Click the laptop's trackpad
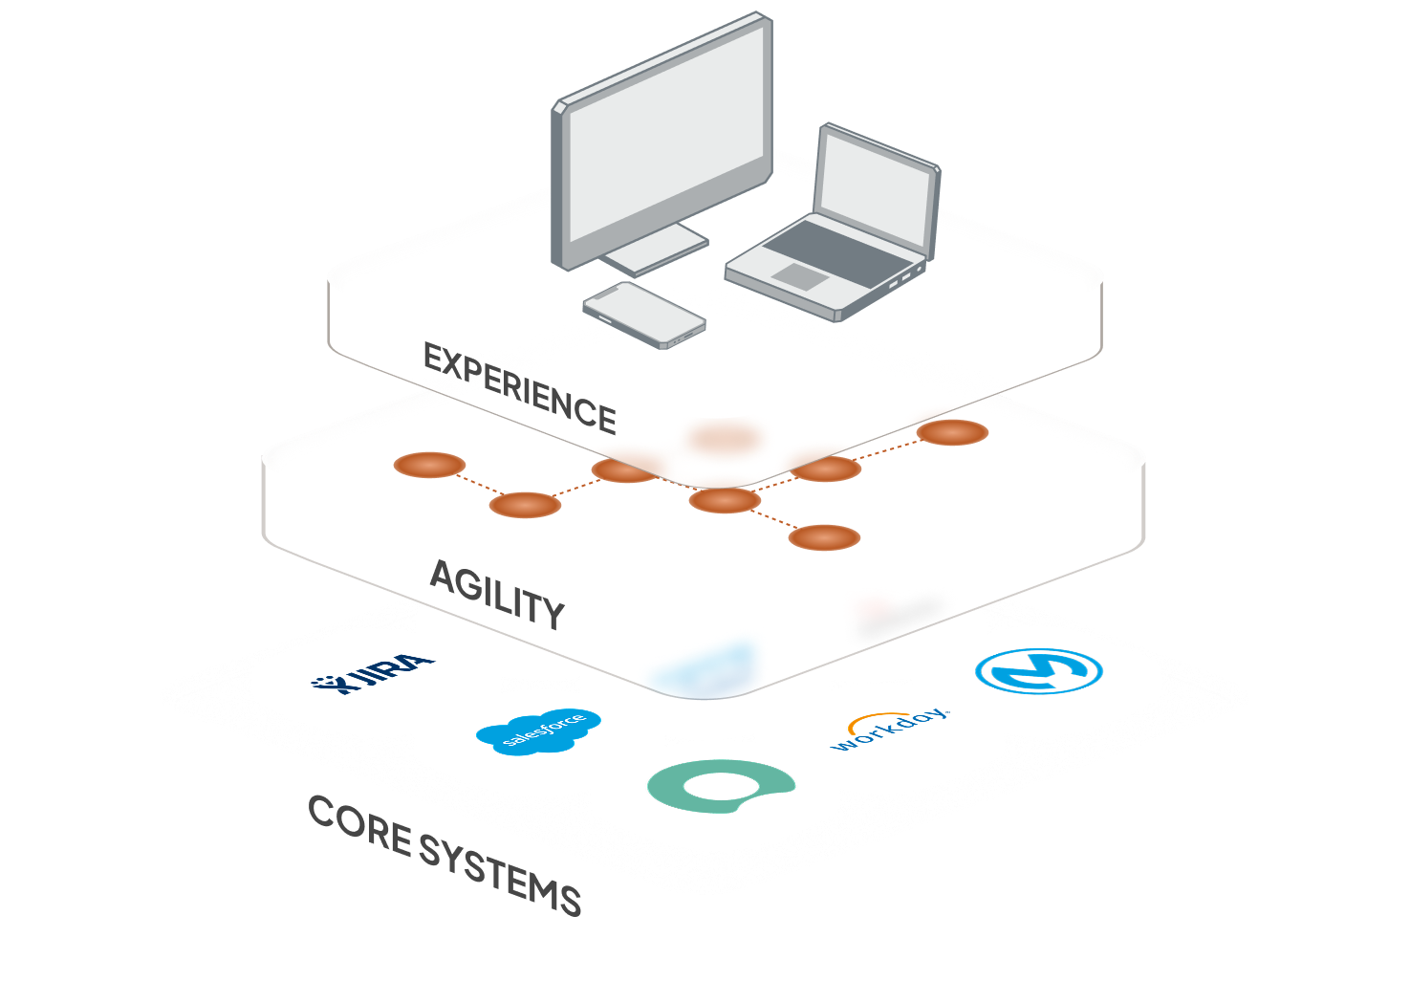pos(799,276)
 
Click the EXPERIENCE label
pos(519,388)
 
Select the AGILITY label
pos(497,594)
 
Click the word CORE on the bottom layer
pos(359,825)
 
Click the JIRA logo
pos(374,673)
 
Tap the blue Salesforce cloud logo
pos(539,731)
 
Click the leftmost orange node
pos(430,465)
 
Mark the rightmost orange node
pos(952,432)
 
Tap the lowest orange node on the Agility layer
pos(824,537)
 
